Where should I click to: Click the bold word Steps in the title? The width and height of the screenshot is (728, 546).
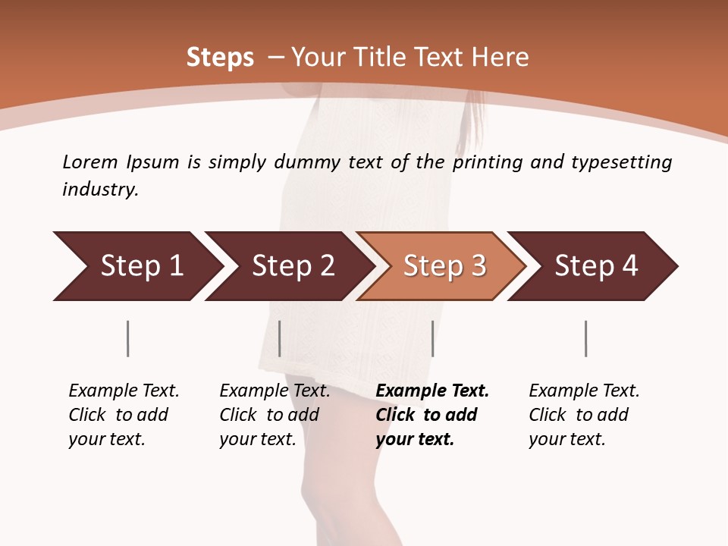[x=220, y=57]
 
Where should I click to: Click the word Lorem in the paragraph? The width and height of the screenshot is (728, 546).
[x=90, y=162]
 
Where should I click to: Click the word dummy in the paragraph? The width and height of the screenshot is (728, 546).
[x=307, y=162]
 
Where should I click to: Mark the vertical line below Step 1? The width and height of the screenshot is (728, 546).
[x=127, y=338]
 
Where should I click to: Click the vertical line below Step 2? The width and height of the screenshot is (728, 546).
[x=280, y=338]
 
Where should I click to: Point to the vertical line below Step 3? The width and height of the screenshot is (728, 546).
[x=432, y=338]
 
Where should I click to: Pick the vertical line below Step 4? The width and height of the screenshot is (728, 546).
[x=585, y=338]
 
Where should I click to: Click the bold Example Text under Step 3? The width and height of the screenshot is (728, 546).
[x=432, y=391]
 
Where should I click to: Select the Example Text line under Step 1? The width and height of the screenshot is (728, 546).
[x=124, y=391]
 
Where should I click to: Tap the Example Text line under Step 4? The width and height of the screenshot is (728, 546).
[x=584, y=391]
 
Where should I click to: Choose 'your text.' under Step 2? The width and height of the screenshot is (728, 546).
[x=258, y=439]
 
